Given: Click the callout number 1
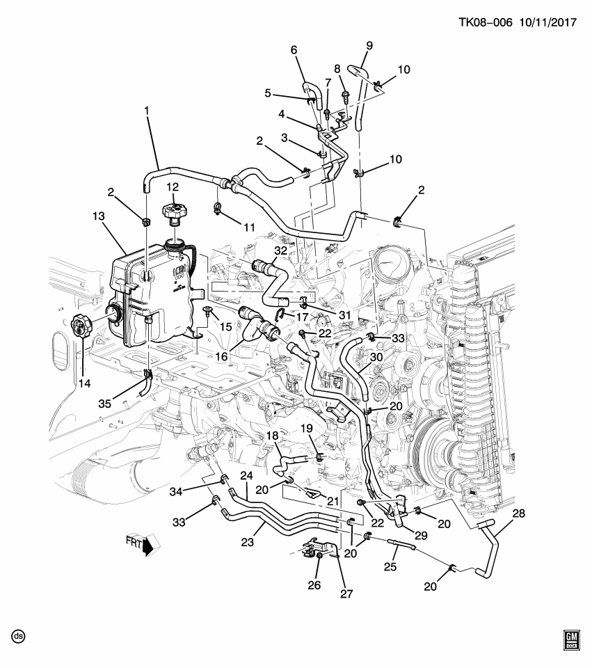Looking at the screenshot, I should [x=147, y=111].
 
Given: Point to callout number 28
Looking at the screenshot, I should [x=519, y=514].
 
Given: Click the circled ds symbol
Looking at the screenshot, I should [x=18, y=636].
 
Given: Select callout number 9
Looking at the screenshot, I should [x=369, y=46].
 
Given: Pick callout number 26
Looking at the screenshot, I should [x=314, y=585].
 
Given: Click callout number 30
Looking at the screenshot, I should [x=376, y=357].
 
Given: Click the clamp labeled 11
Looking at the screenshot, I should [x=218, y=207].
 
